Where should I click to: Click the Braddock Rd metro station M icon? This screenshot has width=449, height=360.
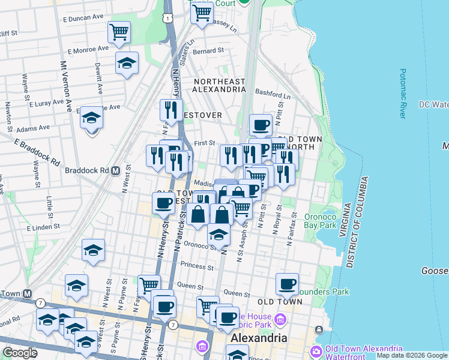coord(115,170)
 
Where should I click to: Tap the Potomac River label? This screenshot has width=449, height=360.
coord(403,93)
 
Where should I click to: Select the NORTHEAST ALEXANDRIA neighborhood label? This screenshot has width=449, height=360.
coord(218,85)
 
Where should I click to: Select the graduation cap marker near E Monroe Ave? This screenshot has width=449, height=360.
coord(127,63)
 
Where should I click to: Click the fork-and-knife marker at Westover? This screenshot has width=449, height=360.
coord(171,110)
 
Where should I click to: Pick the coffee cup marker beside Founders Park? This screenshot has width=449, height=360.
coord(287,283)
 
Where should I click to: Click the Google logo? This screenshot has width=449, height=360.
coord(20,353)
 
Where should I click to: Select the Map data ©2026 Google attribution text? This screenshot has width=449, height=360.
coord(411,355)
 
